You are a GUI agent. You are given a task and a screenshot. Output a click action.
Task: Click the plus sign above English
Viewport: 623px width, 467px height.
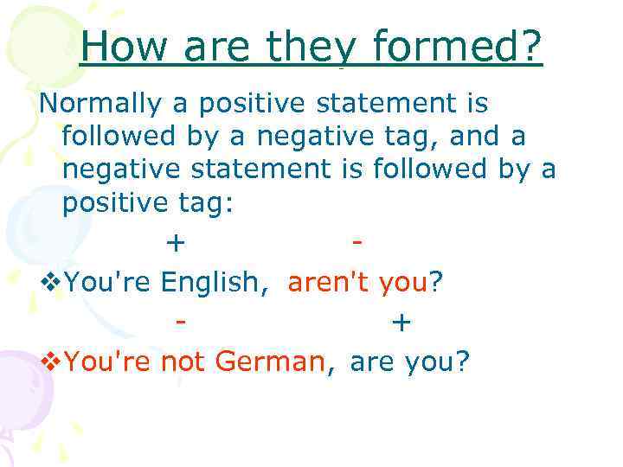click(x=176, y=242)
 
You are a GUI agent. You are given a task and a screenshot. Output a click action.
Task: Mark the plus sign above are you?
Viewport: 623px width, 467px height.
click(x=401, y=322)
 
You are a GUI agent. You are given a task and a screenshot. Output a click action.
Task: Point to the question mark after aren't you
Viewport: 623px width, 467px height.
click(x=437, y=281)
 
